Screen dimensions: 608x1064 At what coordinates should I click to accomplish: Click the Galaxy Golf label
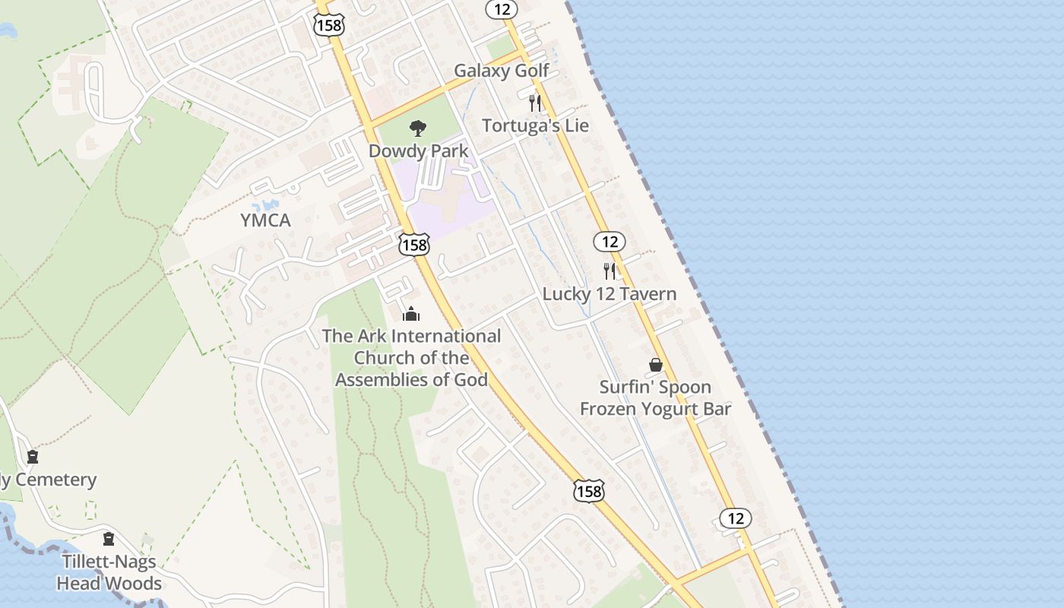(x=501, y=71)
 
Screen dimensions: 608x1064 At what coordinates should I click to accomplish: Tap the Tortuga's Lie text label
(x=535, y=125)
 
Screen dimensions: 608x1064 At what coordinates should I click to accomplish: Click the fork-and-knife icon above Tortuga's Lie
(x=535, y=103)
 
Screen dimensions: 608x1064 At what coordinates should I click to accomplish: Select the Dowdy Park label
(x=418, y=150)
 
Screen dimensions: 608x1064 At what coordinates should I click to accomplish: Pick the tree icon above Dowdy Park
(x=417, y=128)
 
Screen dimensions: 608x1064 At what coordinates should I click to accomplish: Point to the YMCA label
(x=265, y=220)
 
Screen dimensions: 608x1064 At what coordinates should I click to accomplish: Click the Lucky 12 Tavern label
(x=609, y=293)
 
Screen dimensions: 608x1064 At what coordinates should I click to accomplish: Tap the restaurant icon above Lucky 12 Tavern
(x=609, y=271)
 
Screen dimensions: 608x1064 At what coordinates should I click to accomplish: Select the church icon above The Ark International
(x=411, y=313)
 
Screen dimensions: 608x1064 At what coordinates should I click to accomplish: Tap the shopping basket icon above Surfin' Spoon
(x=655, y=366)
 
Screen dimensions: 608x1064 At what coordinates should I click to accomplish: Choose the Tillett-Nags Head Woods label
(x=109, y=572)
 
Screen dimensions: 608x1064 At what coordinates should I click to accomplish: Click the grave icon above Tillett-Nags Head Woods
(x=109, y=539)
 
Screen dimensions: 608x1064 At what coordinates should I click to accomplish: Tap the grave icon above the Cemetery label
(x=33, y=457)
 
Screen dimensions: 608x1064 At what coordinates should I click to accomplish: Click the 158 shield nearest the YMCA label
(x=414, y=245)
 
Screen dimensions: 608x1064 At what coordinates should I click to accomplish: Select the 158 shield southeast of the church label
(x=588, y=491)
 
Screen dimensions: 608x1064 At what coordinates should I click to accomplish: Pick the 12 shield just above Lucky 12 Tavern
(x=609, y=242)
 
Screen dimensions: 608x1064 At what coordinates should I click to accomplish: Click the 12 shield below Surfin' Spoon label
(x=735, y=518)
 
